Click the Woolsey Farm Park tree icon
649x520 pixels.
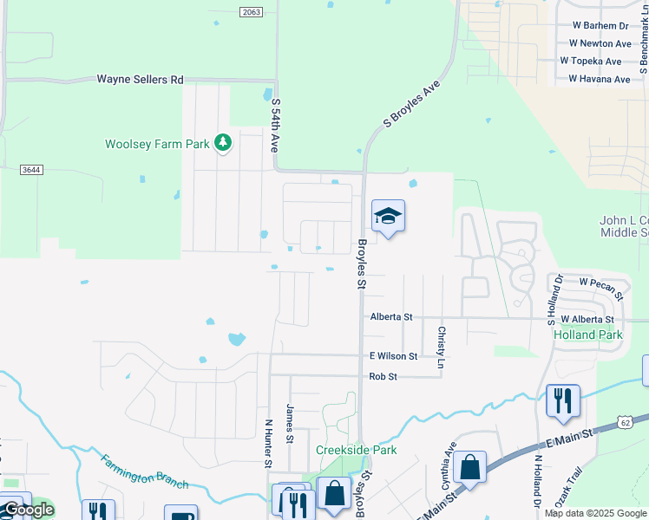pyautogui.click(x=223, y=143)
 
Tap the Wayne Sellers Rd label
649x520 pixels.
pyautogui.click(x=140, y=79)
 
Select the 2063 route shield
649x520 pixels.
pyautogui.click(x=252, y=11)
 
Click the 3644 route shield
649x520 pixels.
pyautogui.click(x=34, y=171)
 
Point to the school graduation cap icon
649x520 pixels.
pyautogui.click(x=388, y=217)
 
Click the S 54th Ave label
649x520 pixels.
pyautogui.click(x=276, y=126)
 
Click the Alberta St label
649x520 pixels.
pyautogui.click(x=391, y=317)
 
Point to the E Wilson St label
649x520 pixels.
pyautogui.click(x=394, y=355)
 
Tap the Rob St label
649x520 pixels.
pyautogui.click(x=383, y=376)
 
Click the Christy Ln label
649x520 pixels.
pyautogui.click(x=441, y=347)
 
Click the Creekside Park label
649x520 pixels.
pyautogui.click(x=356, y=450)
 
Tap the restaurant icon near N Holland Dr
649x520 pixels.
pyautogui.click(x=563, y=401)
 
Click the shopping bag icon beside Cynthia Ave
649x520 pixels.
pyautogui.click(x=469, y=467)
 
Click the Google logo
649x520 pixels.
pyautogui.click(x=29, y=510)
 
